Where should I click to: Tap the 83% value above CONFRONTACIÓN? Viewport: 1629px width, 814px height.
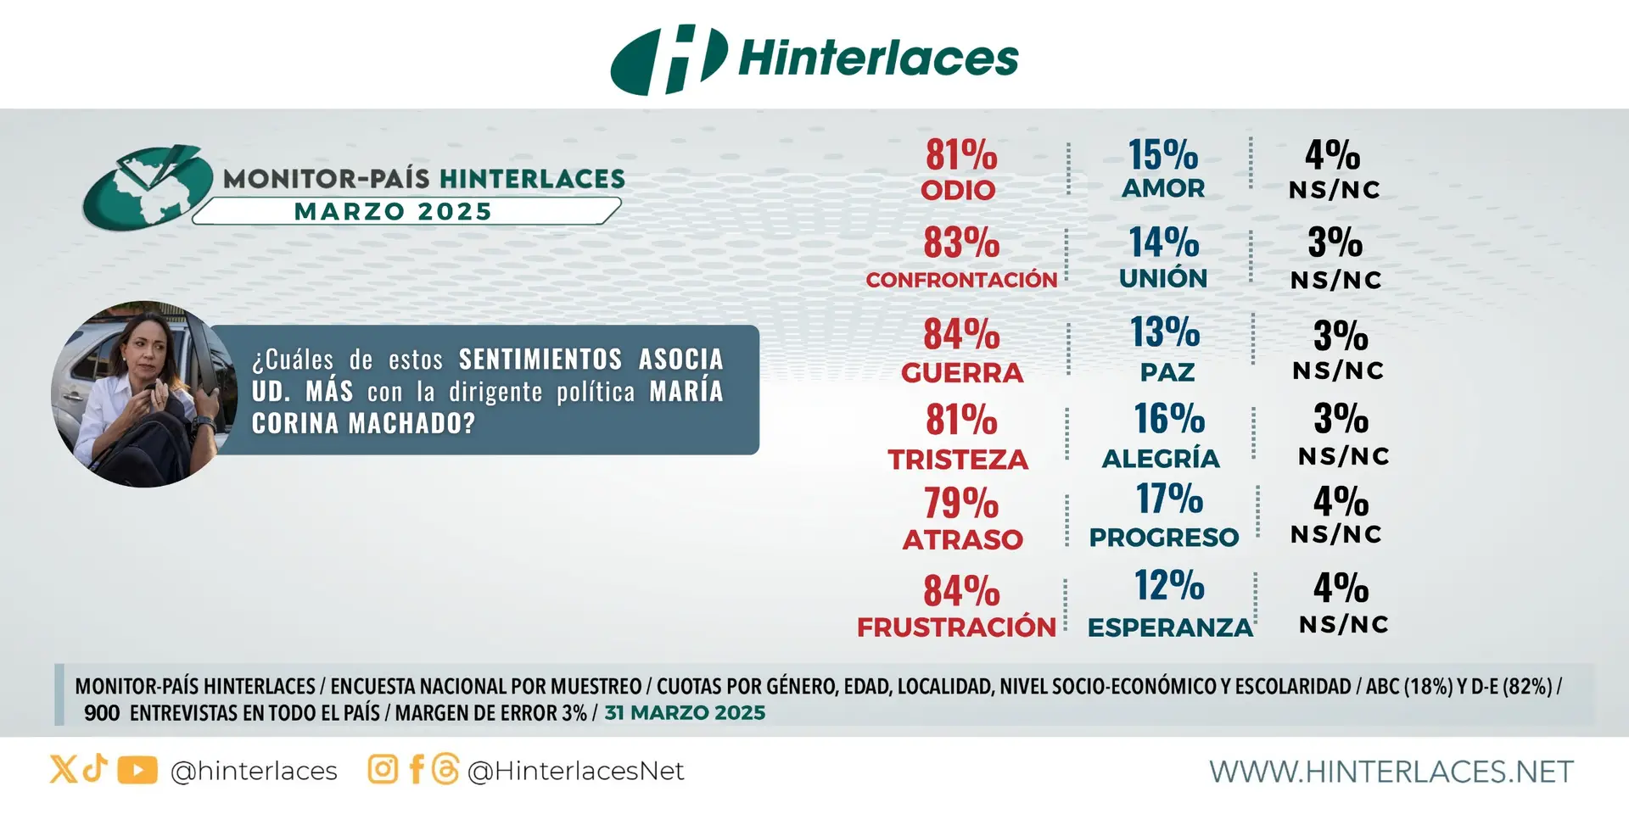[961, 243]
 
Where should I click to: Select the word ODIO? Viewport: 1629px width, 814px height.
[958, 190]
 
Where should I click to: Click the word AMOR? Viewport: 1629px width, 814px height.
[1163, 188]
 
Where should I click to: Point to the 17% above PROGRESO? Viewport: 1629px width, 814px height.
[1169, 499]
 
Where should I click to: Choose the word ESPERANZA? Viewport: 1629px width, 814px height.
[1170, 627]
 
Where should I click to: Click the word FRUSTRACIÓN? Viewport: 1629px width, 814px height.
[956, 627]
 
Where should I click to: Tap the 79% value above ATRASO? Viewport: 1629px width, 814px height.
[961, 503]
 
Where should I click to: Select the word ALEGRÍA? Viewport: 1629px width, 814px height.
[1161, 459]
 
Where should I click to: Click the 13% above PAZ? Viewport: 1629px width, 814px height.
[1165, 332]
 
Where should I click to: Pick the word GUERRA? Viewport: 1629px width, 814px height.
[962, 373]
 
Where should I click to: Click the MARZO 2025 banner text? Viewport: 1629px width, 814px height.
[393, 212]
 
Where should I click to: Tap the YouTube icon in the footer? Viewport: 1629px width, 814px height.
[137, 770]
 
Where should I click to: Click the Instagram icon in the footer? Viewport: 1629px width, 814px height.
[383, 770]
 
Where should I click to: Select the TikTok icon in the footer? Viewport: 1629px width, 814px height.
[95, 768]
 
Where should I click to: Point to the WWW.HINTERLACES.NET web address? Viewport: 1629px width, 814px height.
[1391, 772]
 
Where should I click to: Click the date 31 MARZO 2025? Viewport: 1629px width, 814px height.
[685, 713]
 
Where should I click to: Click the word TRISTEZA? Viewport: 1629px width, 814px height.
[958, 460]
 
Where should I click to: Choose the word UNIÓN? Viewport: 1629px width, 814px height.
[1163, 278]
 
